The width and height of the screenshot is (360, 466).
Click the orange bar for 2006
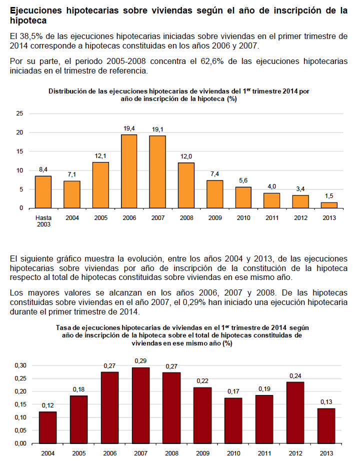pos(129,171)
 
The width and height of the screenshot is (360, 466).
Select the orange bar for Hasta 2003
pos(43,192)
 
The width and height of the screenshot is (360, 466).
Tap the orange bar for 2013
pos(329,205)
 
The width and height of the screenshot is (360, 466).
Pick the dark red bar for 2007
pos(140,405)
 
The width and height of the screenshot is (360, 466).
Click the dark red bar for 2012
pos(295,412)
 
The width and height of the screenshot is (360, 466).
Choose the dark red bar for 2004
pos(48,427)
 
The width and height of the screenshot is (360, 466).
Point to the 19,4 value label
pos(129,128)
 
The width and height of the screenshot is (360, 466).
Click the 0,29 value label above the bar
pos(140,361)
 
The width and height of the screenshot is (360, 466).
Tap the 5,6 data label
pos(243,180)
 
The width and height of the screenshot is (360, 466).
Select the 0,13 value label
pos(326,402)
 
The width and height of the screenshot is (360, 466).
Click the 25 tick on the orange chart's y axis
pos(19,113)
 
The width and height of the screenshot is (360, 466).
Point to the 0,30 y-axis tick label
pos(20,365)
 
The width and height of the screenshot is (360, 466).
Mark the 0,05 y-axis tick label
pos(20,430)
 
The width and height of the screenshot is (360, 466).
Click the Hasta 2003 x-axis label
pos(43,221)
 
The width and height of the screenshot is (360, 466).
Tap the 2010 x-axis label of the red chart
pos(233,453)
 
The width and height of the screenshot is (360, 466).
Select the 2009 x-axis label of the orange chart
pos(215,218)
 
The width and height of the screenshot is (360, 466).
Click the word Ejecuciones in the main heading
pos(36,10)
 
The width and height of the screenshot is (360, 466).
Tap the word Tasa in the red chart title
pos(62,328)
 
